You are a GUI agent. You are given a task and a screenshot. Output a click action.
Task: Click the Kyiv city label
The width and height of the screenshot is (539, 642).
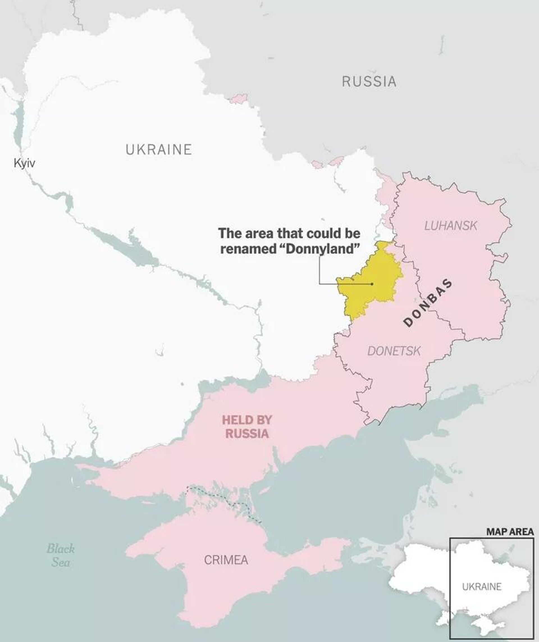coord(24,163)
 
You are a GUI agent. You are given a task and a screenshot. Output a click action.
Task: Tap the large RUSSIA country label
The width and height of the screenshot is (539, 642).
coord(369,82)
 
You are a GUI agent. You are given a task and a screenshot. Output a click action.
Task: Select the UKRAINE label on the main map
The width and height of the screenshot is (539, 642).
coord(159,149)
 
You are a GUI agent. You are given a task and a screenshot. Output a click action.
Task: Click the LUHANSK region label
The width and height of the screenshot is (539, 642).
coord(450,226)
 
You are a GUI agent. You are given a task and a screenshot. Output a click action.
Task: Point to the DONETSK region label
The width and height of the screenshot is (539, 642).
coord(394,351)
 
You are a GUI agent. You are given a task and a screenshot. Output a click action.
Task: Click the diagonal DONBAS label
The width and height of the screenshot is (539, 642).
coord(428,303)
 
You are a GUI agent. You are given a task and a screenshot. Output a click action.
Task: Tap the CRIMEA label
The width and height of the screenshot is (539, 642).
coord(226,560)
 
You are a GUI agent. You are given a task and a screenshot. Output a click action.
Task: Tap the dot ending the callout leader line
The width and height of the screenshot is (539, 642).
coord(372,284)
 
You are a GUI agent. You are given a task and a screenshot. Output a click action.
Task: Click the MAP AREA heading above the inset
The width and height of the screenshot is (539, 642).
coord(510,532)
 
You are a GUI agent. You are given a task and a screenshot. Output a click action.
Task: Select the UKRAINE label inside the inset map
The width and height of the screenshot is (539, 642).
coord(481,587)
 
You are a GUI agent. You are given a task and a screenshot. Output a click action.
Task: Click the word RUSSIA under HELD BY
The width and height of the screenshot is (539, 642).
coord(247,434)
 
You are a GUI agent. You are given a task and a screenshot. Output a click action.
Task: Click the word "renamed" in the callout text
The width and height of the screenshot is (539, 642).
coord(248,249)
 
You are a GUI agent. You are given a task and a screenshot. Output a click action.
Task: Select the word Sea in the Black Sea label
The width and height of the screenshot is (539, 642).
coord(61,562)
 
